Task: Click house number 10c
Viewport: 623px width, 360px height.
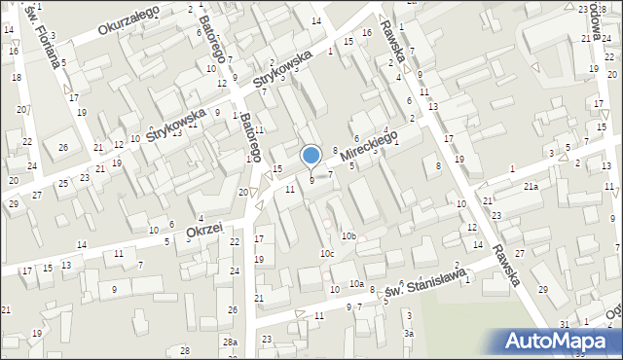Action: (x=328, y=254)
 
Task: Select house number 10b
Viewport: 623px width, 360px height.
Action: (x=348, y=236)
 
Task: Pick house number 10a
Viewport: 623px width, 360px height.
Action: (x=357, y=284)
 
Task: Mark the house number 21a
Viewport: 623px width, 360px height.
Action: (x=531, y=186)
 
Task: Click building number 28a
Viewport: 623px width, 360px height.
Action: (x=229, y=342)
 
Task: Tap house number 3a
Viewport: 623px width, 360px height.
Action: (x=410, y=334)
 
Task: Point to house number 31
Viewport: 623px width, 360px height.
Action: (x=564, y=324)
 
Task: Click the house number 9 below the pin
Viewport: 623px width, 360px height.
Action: (x=311, y=180)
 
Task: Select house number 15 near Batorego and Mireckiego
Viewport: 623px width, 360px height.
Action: (x=277, y=169)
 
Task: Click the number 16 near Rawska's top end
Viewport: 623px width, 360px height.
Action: (x=366, y=33)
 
